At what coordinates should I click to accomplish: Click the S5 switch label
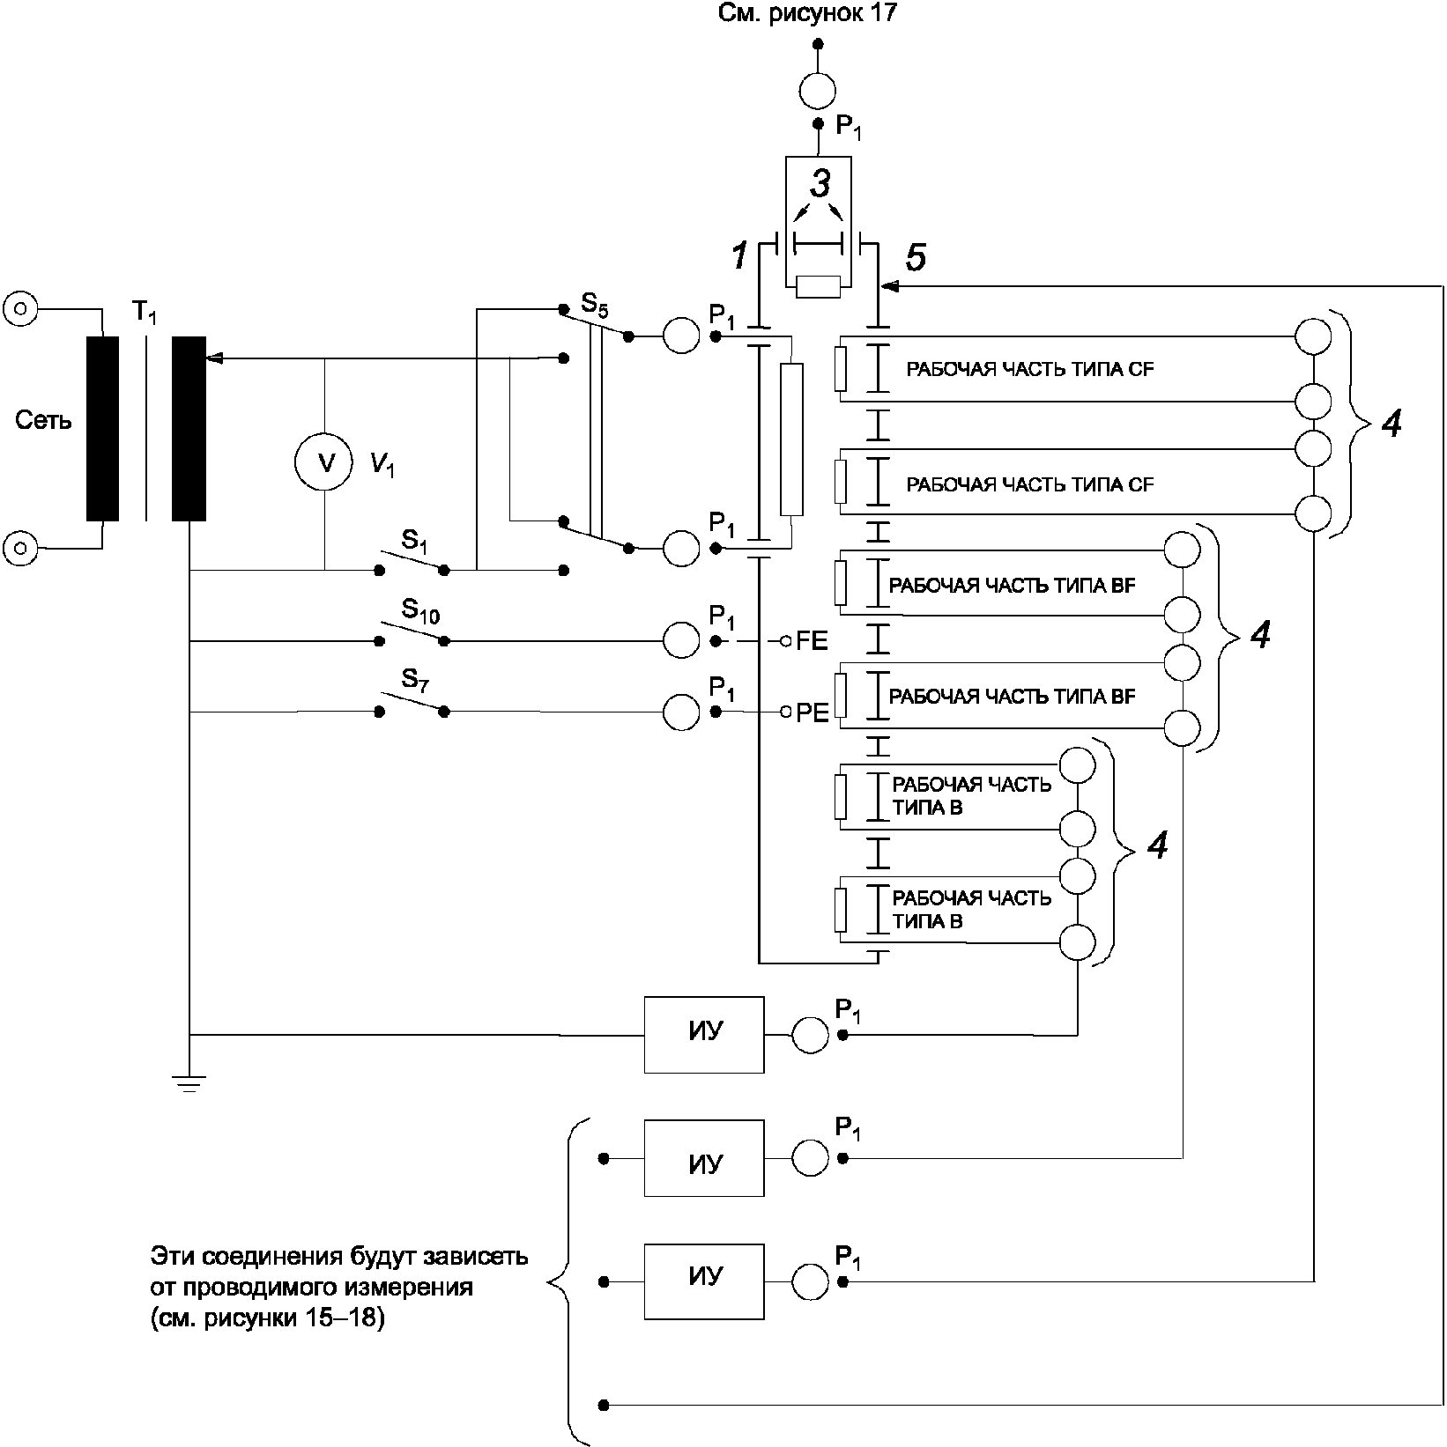coord(594,307)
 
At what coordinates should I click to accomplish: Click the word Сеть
coord(43,421)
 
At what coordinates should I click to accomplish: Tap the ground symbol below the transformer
coord(189,1083)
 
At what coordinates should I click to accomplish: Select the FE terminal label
coord(812,641)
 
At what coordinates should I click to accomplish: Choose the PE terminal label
coord(812,712)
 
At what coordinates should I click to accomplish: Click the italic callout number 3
coord(820,184)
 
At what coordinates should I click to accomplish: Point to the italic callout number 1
coord(739,256)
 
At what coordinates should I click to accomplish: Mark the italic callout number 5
coord(916,258)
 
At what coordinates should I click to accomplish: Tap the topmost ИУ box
coord(703,1034)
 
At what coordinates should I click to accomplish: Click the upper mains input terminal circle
coord(20,309)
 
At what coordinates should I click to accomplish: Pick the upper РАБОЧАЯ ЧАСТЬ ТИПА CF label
coord(1029,370)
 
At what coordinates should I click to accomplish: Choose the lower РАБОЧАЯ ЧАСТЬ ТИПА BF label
coord(1012,697)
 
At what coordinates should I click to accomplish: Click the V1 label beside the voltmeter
coord(382,464)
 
